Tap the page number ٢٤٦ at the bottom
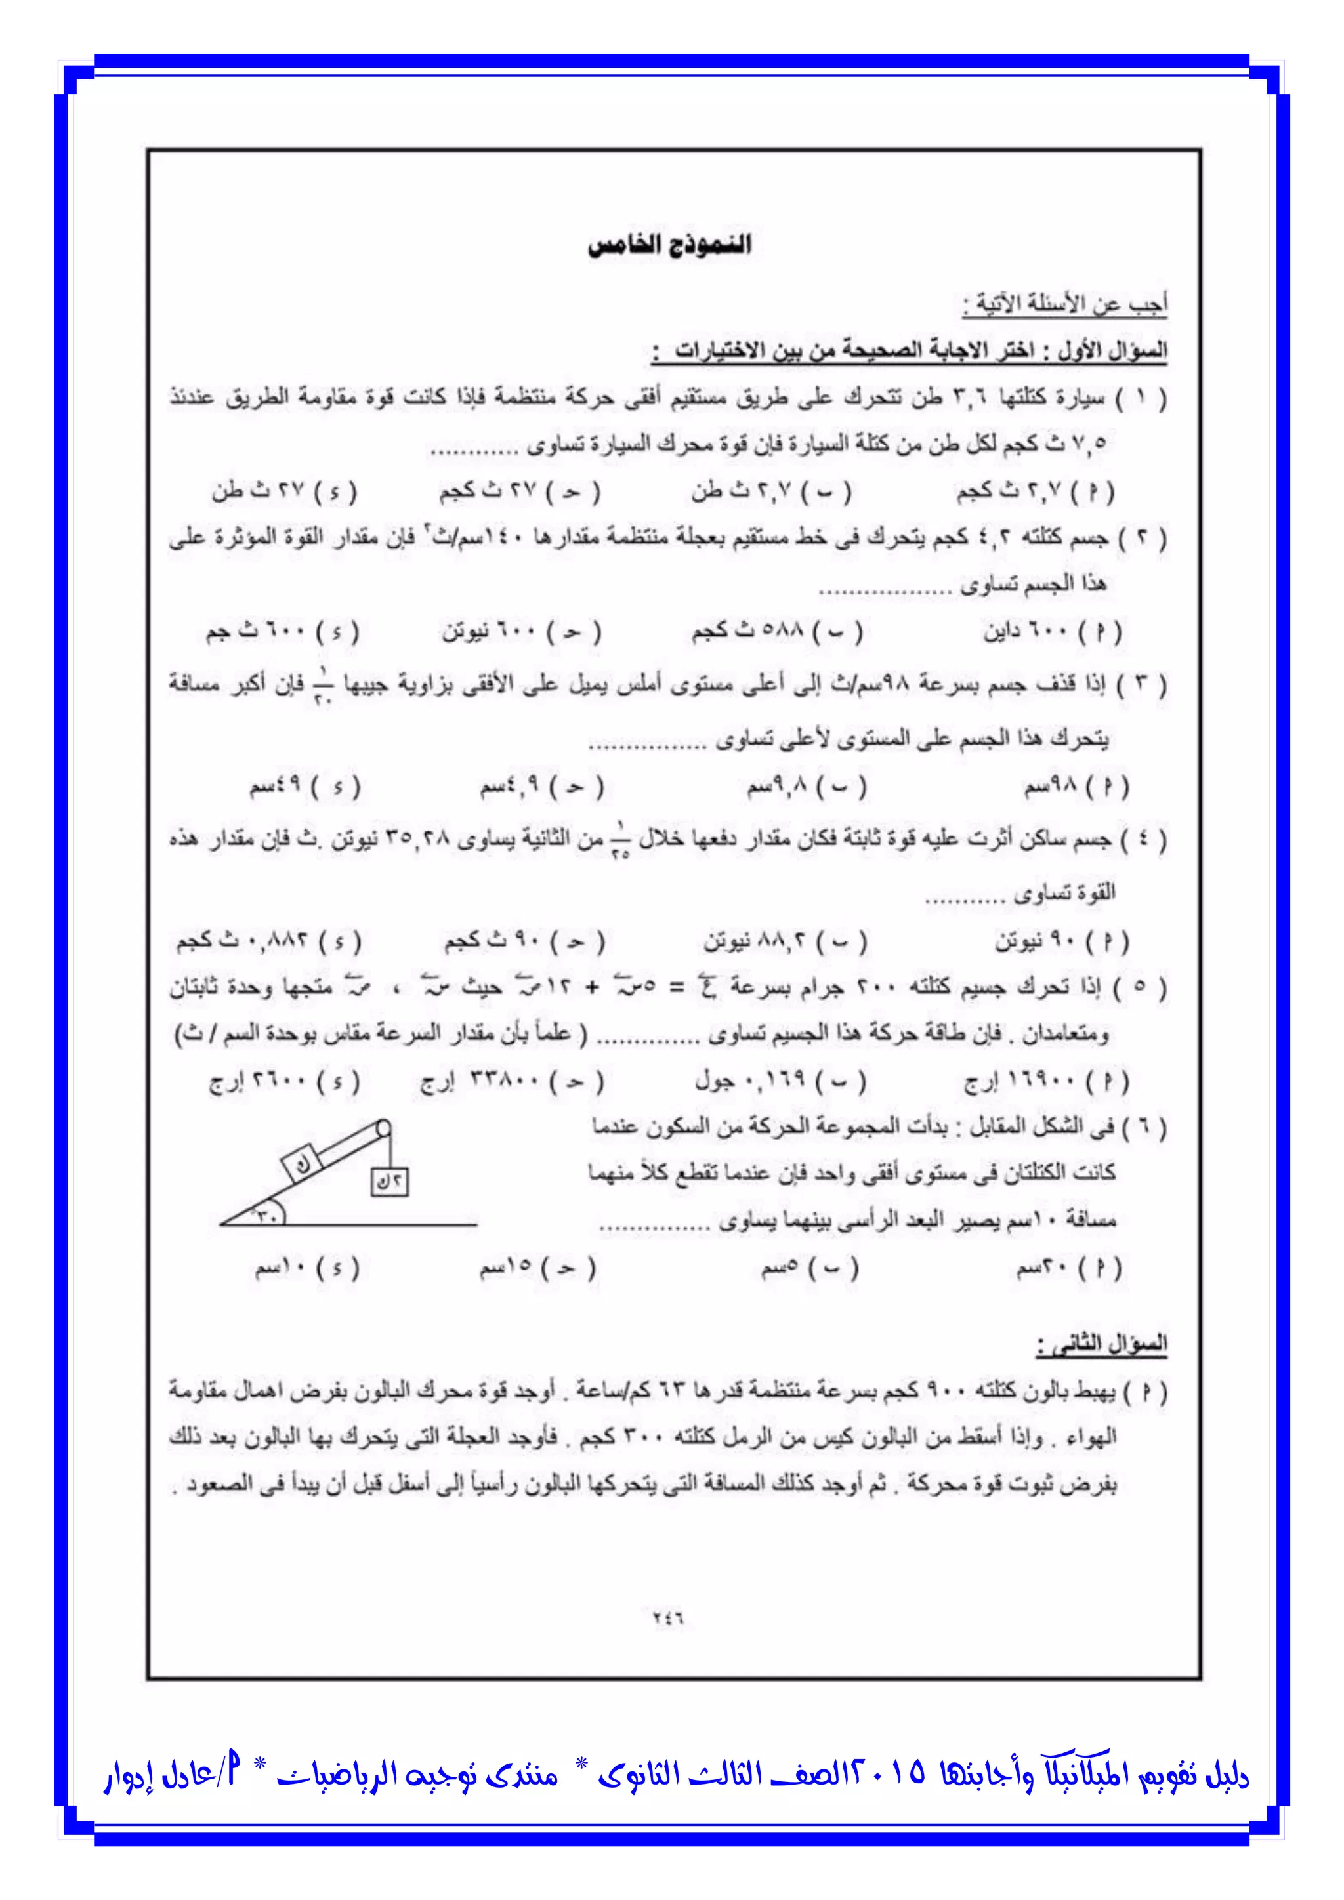[x=668, y=1618]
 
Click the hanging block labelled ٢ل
[x=390, y=1182]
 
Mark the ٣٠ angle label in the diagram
[x=266, y=1215]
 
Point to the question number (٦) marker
[x=1151, y=1126]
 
